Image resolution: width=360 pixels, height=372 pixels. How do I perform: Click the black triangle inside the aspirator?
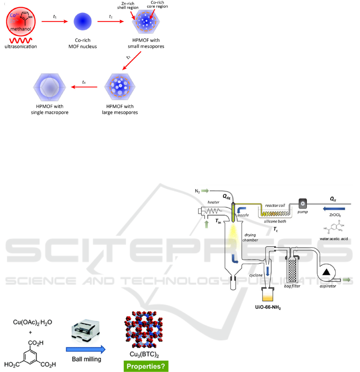(327, 272)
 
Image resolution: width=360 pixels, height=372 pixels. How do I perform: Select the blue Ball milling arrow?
(85, 349)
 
